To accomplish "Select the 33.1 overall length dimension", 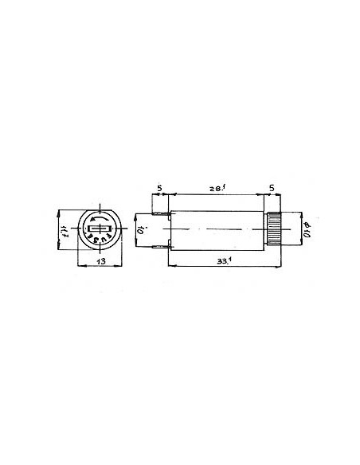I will (213, 260).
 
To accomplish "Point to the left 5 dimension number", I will (159, 190).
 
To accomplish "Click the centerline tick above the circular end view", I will (96, 201).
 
